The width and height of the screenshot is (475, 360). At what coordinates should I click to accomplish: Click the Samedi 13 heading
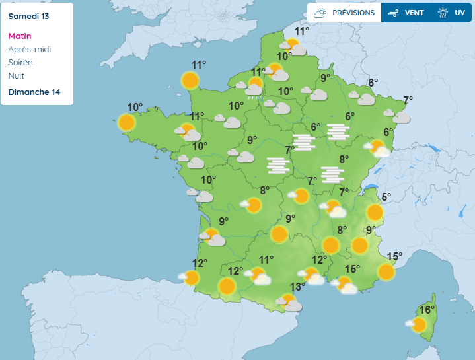point(30,15)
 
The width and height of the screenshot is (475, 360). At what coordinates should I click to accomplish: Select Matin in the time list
point(20,36)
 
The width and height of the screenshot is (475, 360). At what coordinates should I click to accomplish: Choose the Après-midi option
point(30,50)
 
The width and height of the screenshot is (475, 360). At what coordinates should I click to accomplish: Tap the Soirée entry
point(20,63)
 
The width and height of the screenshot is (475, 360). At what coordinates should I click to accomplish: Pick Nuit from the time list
point(17,76)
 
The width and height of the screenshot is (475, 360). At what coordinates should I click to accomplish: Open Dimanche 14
point(34,92)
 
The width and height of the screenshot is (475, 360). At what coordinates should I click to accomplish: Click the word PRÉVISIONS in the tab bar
point(353,13)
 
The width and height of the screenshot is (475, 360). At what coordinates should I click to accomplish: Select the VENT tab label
point(414,13)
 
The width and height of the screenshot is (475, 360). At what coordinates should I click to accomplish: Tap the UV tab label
point(460,13)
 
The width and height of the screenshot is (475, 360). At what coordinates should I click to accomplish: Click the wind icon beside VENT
point(394,13)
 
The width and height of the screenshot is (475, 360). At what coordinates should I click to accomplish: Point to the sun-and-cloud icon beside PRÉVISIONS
point(320,13)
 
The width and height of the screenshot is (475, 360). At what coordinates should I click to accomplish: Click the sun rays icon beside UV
point(443,13)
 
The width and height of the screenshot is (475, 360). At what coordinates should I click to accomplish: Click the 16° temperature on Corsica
point(427,310)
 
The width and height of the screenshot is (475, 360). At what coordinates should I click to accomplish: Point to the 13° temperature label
point(298,287)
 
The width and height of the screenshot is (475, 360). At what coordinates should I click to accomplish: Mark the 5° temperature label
point(386,196)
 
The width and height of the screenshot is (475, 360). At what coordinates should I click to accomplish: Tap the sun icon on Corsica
point(419,324)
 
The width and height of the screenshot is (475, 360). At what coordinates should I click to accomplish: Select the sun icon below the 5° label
point(375,212)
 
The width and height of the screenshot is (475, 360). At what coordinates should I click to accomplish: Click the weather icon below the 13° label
point(289,303)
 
